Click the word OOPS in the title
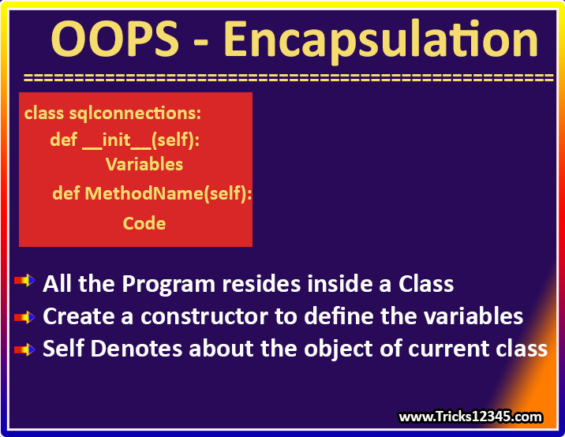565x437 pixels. point(115,39)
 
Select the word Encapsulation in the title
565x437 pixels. point(381,42)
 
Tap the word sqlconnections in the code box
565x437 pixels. point(135,114)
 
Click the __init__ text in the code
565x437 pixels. point(117,140)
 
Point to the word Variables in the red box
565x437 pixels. point(144,164)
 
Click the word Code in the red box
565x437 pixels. point(144,223)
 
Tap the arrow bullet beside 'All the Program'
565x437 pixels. point(24,280)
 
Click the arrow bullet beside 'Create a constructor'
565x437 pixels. point(24,317)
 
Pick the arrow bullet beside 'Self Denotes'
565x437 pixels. point(24,349)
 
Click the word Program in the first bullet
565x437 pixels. point(169,285)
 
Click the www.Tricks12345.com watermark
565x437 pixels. point(470,416)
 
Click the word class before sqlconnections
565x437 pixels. point(44,114)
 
